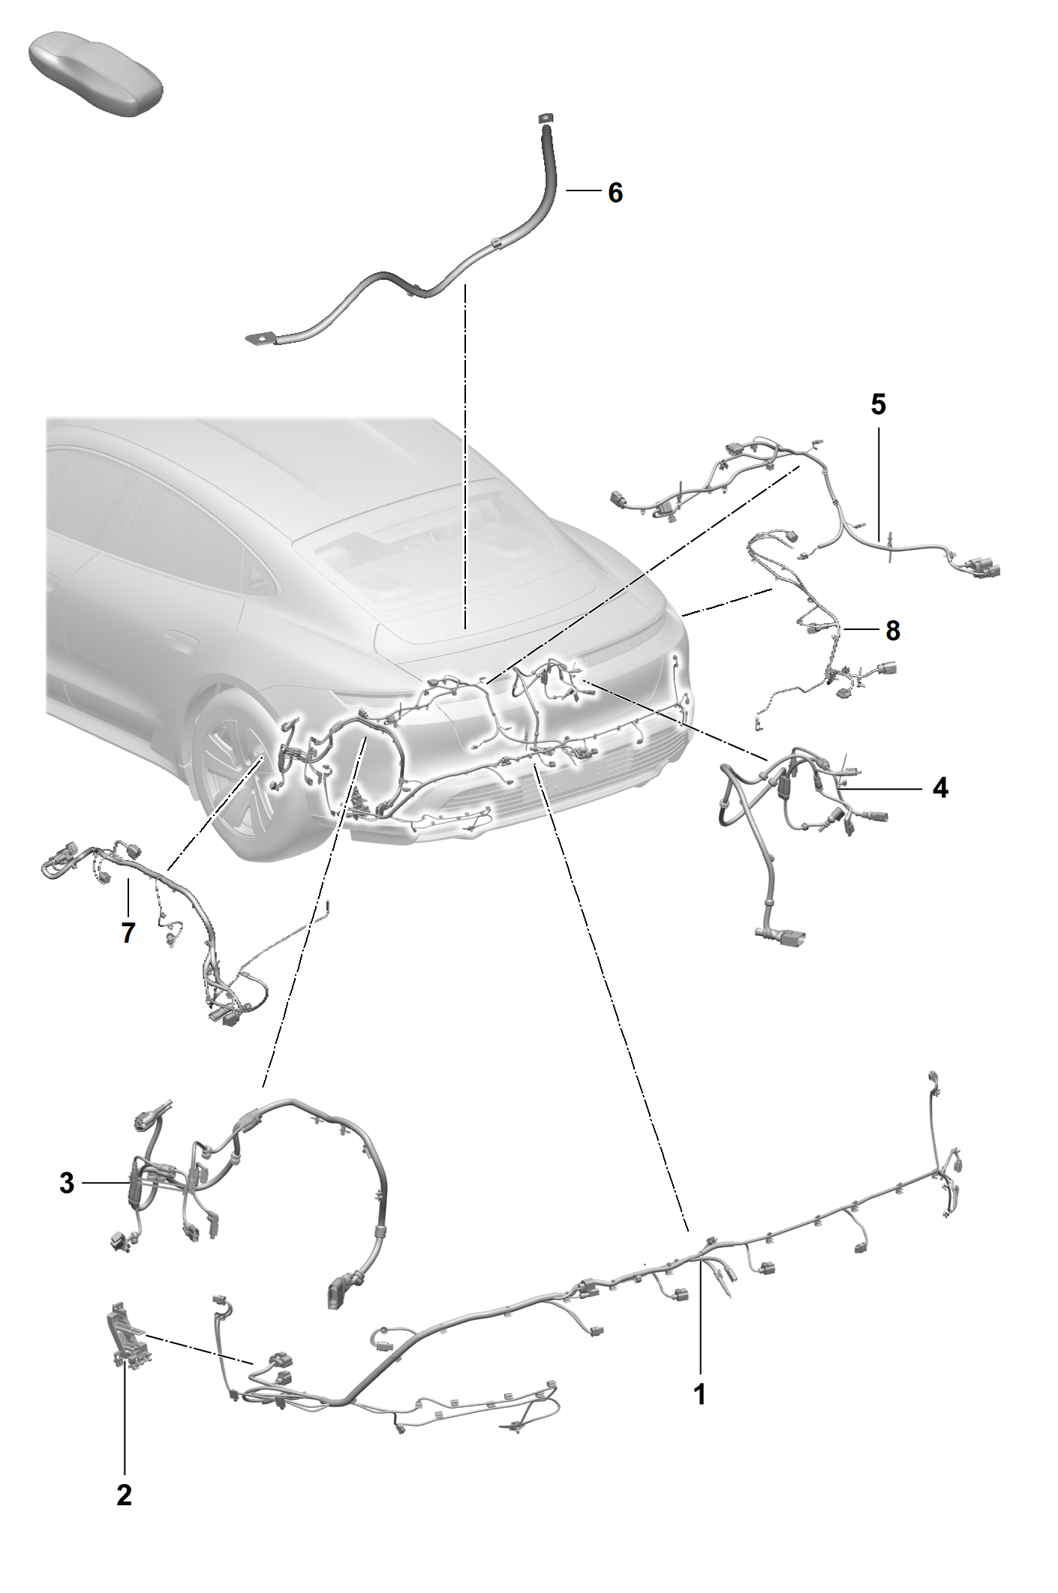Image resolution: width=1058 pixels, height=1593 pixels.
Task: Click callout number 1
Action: pos(699,1394)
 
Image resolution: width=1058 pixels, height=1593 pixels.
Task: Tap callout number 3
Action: pos(68,1183)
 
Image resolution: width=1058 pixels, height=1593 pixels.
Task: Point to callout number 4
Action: pos(940,788)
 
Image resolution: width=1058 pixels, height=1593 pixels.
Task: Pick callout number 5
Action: pos(879,404)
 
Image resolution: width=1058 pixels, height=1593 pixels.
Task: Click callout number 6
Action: pos(615,193)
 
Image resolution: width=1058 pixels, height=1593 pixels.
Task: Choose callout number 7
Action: pos(128,933)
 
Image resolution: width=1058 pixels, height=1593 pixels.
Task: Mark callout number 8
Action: pos(893,631)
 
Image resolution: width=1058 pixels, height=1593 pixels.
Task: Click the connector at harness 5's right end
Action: pos(979,568)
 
